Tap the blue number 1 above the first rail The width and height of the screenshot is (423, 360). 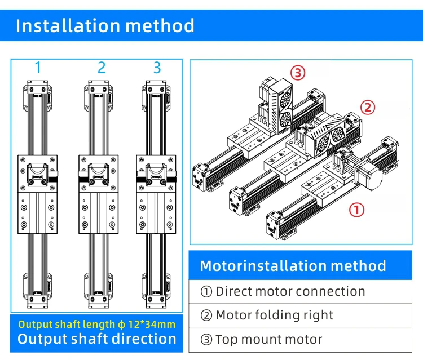(x=38, y=68)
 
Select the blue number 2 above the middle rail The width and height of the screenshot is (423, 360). (x=102, y=68)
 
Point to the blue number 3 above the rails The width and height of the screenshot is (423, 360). (x=157, y=68)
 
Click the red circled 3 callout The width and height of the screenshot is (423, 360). (x=298, y=72)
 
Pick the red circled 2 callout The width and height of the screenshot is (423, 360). (x=368, y=107)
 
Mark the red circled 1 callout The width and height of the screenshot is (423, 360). (x=358, y=210)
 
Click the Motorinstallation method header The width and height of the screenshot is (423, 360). (x=293, y=266)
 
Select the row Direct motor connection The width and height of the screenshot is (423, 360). (x=283, y=291)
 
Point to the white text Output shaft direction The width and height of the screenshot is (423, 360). (x=96, y=339)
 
